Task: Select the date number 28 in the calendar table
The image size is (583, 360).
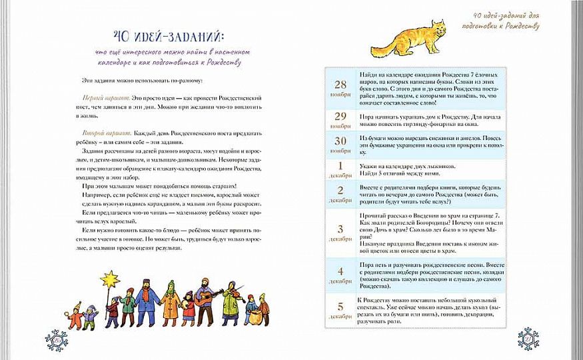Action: click(340, 84)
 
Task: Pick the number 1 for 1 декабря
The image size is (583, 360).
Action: click(340, 165)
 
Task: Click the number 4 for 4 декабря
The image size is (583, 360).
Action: click(340, 271)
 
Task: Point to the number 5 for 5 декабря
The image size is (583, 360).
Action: click(340, 307)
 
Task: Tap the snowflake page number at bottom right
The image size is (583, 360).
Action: click(526, 340)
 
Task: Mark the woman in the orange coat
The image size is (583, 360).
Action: click(171, 303)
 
